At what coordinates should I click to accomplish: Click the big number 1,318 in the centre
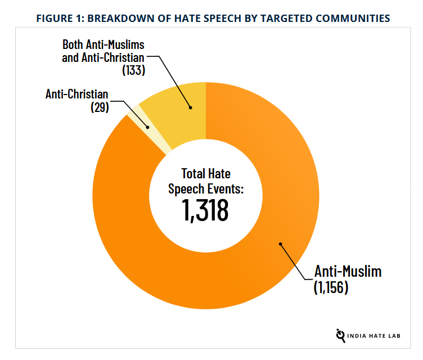point(205,210)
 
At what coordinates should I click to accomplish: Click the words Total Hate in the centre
point(206,173)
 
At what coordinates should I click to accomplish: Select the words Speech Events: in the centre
point(206,188)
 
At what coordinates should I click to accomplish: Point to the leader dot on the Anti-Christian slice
point(147,127)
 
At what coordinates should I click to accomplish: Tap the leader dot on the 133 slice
point(190,107)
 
